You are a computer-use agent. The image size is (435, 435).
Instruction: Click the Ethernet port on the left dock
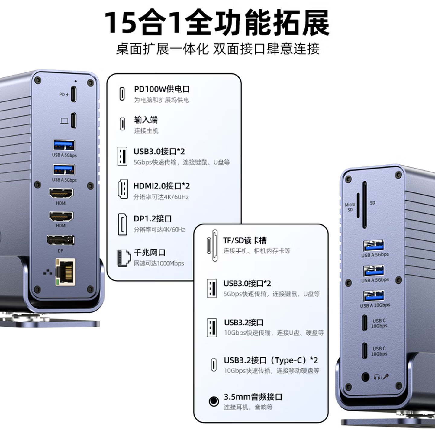coord(65,272)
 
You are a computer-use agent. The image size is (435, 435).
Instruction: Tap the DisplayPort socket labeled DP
coord(60,240)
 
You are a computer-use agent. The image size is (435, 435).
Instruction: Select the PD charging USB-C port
coord(74,94)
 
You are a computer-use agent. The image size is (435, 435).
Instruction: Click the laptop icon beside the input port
coord(64,121)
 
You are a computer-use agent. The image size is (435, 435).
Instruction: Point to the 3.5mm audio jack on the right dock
coord(365,377)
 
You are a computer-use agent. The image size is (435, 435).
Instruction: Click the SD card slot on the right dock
coord(365,205)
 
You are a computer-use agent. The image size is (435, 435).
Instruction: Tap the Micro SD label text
coord(350,207)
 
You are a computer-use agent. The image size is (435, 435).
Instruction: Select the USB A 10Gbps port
coord(374,296)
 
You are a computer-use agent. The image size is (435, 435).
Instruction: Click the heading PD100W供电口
coord(162,89)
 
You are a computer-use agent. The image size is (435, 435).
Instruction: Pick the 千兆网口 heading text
coord(150,252)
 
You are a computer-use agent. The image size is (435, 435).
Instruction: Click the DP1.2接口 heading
coord(153,218)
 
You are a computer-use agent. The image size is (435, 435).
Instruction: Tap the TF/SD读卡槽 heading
coord(245,241)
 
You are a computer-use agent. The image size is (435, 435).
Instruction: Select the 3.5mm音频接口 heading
coord(253,397)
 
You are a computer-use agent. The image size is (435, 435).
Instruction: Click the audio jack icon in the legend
coord(214,401)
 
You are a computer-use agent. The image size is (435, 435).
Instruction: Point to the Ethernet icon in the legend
coord(124,258)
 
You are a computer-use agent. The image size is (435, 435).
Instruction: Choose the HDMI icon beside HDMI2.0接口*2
coord(123,189)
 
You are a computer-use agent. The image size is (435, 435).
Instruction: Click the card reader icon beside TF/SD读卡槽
coord(212,246)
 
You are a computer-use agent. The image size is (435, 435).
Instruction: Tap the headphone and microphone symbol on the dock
coord(381,377)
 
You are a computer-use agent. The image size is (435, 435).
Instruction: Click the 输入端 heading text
coord(146,120)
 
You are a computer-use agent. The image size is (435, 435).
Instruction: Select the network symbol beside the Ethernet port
coord(48,272)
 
